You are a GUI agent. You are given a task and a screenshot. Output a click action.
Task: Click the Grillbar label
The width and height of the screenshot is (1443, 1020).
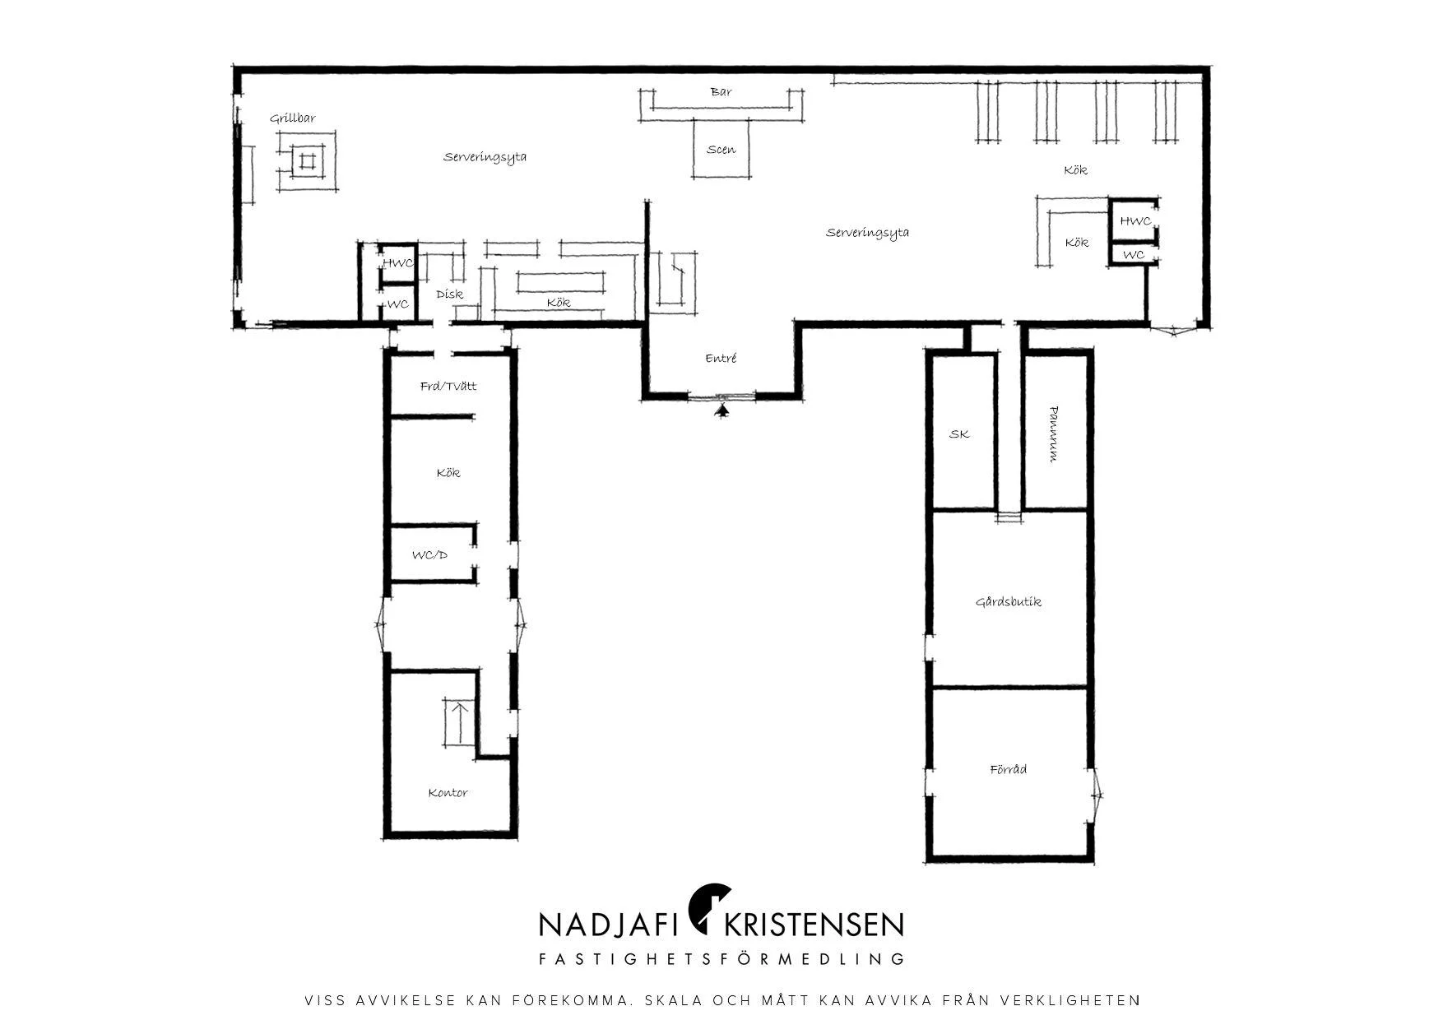point(292,118)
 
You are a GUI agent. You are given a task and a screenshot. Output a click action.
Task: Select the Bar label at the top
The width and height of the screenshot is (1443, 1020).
point(721,92)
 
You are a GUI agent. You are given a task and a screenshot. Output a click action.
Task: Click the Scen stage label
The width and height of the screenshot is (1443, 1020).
point(721,150)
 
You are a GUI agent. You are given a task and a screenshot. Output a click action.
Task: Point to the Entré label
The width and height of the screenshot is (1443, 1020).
point(721,359)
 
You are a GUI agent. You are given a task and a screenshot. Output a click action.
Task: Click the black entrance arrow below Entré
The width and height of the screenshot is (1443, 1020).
point(722,410)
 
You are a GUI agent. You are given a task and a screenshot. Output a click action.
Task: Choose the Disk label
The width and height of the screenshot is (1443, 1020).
point(449,294)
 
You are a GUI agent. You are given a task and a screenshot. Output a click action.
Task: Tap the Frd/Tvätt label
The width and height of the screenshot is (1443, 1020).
point(448,386)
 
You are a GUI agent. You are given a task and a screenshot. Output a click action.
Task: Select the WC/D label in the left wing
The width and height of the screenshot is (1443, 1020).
point(429,555)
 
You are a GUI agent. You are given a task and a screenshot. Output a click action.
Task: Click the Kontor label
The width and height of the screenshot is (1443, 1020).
point(448,793)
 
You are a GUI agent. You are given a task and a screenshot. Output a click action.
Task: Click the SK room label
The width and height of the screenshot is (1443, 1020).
point(959,434)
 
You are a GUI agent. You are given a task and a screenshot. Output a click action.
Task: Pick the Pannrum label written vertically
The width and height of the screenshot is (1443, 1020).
point(1054,434)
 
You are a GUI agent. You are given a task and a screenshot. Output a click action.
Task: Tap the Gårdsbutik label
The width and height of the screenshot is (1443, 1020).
point(1009,602)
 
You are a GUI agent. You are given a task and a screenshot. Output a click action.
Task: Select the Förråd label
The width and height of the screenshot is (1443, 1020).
point(1009,770)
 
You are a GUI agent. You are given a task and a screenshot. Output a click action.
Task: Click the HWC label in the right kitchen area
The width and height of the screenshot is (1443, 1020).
point(1135,221)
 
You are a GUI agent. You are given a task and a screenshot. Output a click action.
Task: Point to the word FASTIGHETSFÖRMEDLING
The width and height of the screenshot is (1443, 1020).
point(721,959)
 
